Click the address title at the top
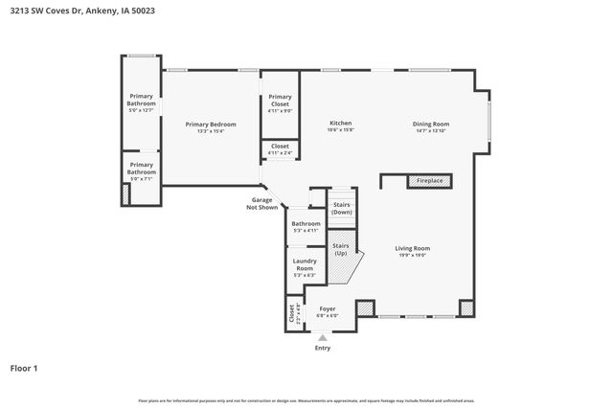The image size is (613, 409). (x=82, y=11)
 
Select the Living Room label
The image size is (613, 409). (x=412, y=248)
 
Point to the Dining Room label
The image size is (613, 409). (x=430, y=124)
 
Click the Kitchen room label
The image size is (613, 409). (x=340, y=124)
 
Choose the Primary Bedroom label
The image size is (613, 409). (x=210, y=125)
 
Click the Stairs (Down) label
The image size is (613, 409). (x=342, y=208)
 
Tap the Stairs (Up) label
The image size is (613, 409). (x=341, y=248)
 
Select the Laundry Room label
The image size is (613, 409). (x=305, y=263)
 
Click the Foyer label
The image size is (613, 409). (x=328, y=308)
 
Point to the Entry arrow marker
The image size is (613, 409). (x=322, y=336)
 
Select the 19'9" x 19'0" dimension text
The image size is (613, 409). (x=412, y=255)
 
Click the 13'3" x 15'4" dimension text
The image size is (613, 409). (x=210, y=131)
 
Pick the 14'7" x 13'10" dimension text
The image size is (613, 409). (x=430, y=130)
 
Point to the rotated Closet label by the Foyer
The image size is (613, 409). (x=291, y=313)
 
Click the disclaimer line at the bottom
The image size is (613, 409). (x=306, y=400)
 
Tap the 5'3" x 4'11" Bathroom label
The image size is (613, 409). (x=306, y=230)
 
